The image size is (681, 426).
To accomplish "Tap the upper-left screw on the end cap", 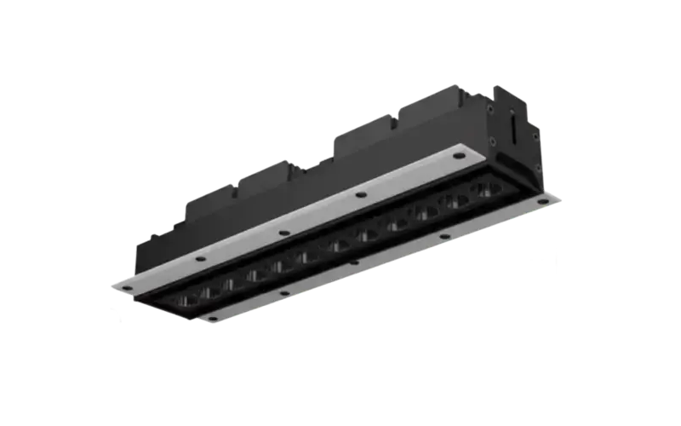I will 491,108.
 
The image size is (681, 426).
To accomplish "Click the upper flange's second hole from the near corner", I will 197,258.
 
